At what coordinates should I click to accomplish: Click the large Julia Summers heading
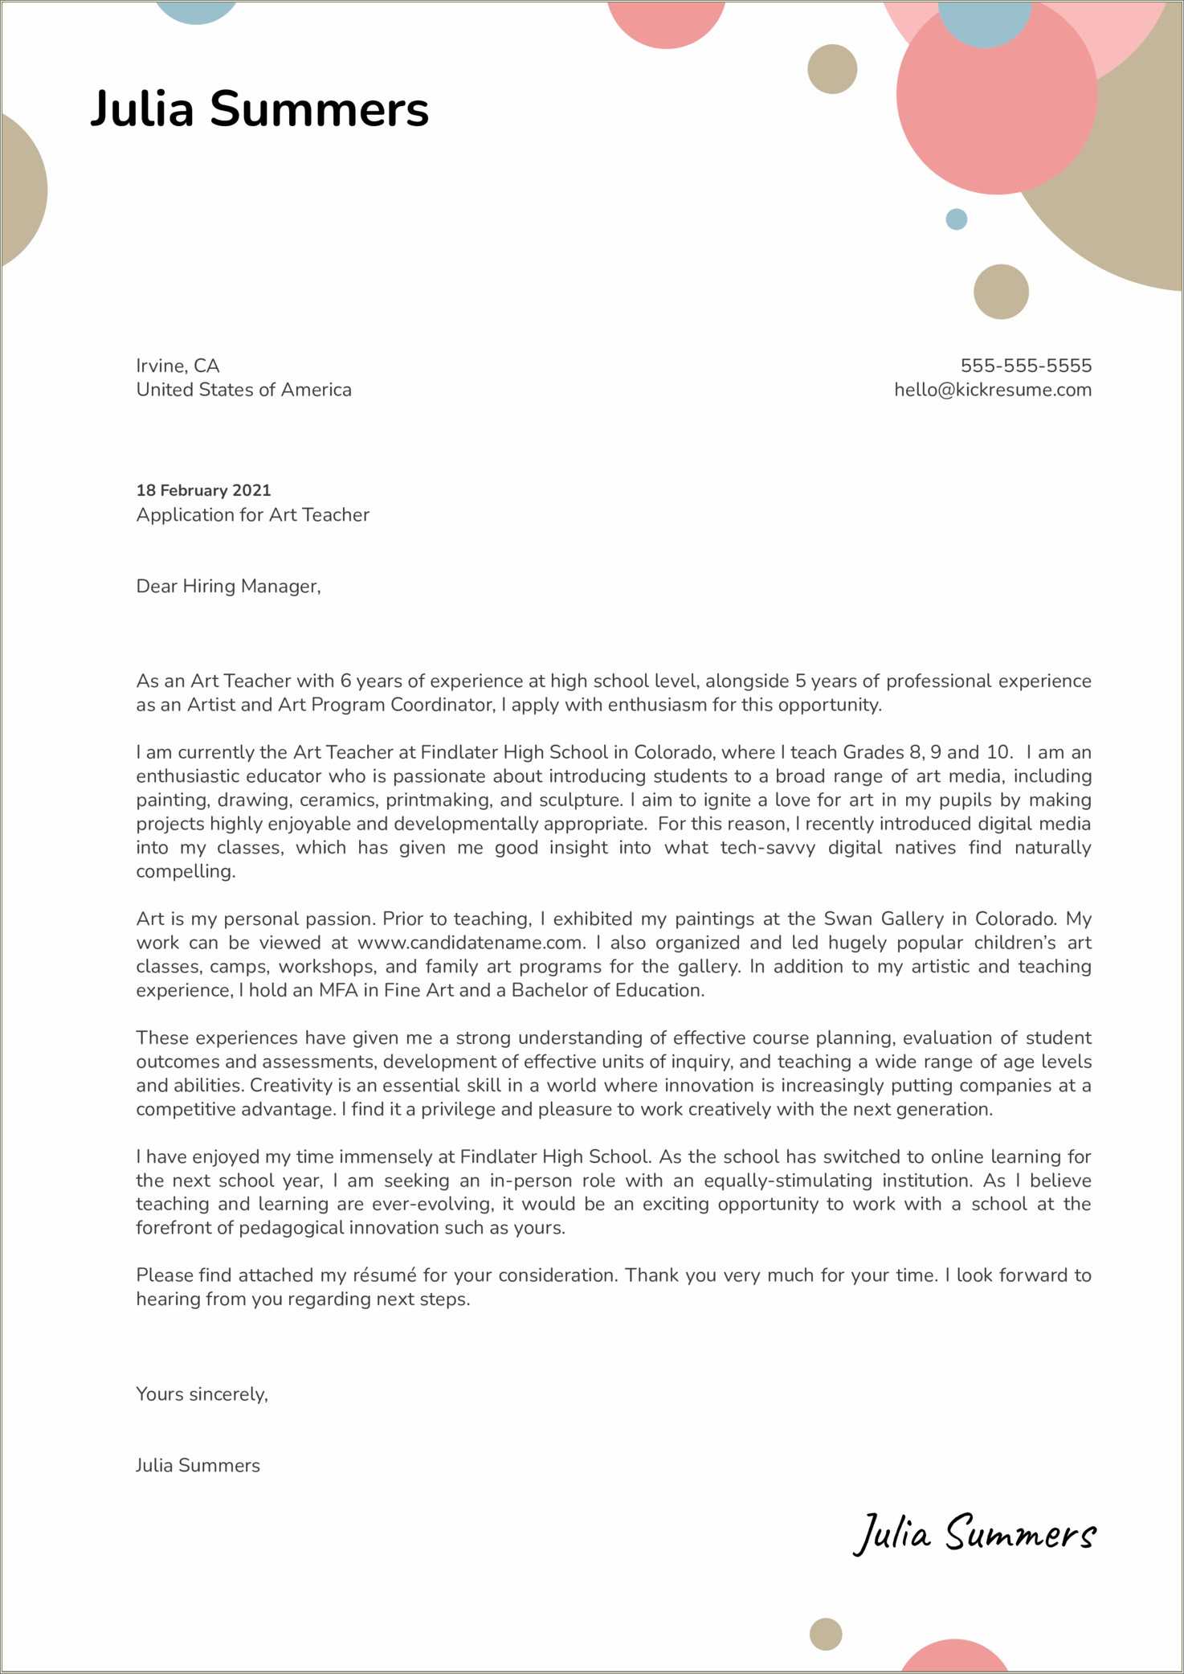(259, 108)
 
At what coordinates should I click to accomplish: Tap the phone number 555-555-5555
(1025, 366)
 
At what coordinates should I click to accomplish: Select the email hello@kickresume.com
(992, 390)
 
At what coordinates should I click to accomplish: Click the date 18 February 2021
(203, 490)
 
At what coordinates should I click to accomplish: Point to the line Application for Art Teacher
(252, 514)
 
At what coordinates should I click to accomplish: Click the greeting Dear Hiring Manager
(228, 586)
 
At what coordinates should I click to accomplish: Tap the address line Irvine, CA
(178, 366)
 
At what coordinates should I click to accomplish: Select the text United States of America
(243, 390)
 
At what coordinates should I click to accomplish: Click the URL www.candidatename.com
(470, 943)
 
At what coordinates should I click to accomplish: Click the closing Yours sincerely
(202, 1394)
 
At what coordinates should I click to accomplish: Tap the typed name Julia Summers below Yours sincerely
(198, 1465)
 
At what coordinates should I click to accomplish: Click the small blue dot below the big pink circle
(956, 219)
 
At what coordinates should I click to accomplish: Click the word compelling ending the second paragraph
(185, 871)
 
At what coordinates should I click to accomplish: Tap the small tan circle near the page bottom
(825, 1633)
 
